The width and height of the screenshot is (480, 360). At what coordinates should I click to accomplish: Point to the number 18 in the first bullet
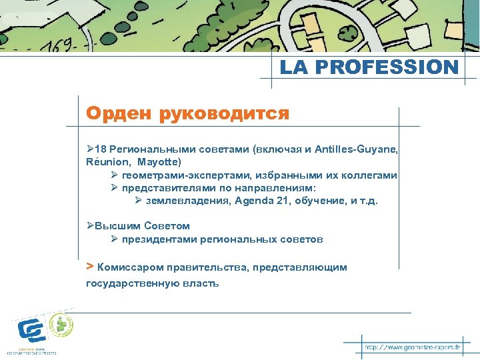[x=101, y=150]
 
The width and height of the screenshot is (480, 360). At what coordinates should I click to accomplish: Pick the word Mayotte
[x=159, y=161]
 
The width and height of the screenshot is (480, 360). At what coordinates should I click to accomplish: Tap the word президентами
[x=156, y=239]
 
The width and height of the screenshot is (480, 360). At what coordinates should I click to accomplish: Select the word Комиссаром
[x=131, y=267]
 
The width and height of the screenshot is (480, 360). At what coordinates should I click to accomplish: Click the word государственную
[x=128, y=283]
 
